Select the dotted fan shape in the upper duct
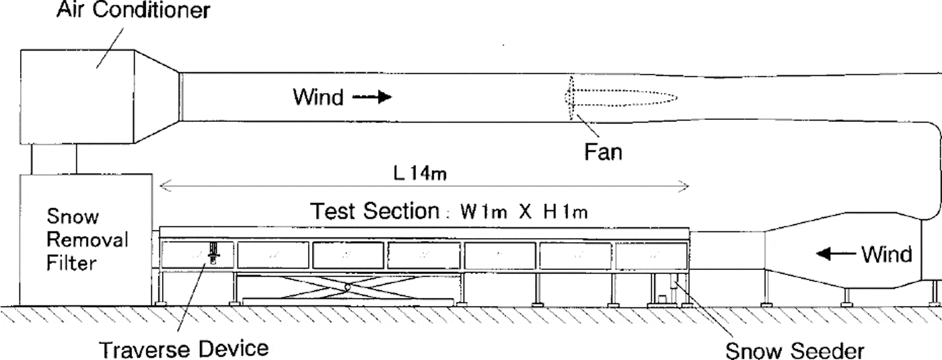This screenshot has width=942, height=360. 619,98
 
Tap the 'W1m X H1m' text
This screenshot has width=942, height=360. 525,213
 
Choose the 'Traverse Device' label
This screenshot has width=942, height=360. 184,349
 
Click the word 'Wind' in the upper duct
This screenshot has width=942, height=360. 318,98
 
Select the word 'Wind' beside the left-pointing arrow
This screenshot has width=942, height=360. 887,254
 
